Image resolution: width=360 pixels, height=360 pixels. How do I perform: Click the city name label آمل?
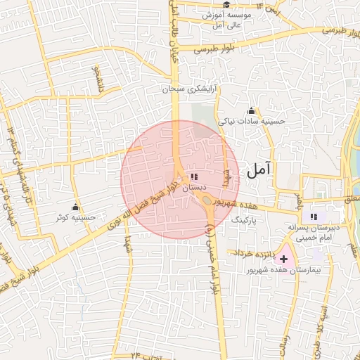click(259, 169)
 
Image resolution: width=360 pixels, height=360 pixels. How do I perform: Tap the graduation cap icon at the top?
click(226, 5)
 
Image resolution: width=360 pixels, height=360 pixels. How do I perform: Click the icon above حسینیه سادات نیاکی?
click(251, 110)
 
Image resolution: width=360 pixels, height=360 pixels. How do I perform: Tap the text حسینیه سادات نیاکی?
click(252, 121)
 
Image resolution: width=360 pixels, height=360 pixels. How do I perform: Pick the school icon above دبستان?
click(194, 176)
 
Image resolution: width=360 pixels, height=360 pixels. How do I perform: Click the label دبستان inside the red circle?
click(194, 188)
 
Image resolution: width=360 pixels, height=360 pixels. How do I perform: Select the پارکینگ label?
click(245, 220)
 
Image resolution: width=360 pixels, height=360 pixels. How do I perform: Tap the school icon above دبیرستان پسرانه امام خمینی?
click(314, 217)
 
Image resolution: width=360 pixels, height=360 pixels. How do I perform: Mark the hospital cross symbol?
click(284, 259)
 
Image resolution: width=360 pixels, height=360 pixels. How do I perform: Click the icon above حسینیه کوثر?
click(75, 208)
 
